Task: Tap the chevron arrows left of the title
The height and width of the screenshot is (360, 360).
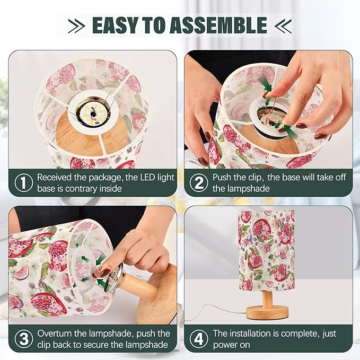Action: (x=77, y=25)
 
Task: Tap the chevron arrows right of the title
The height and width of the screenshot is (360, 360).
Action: (x=283, y=25)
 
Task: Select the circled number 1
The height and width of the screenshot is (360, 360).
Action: (x=24, y=182)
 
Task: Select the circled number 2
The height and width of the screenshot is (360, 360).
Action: (x=199, y=182)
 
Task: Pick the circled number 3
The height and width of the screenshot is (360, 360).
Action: (x=24, y=339)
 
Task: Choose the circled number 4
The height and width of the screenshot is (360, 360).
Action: (x=199, y=339)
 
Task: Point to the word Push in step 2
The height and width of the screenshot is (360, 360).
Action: (x=222, y=178)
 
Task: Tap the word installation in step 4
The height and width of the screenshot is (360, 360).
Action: (x=250, y=333)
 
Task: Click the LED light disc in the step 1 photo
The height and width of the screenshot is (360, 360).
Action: (x=93, y=113)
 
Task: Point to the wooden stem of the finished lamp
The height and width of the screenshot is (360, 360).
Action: (x=268, y=299)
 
